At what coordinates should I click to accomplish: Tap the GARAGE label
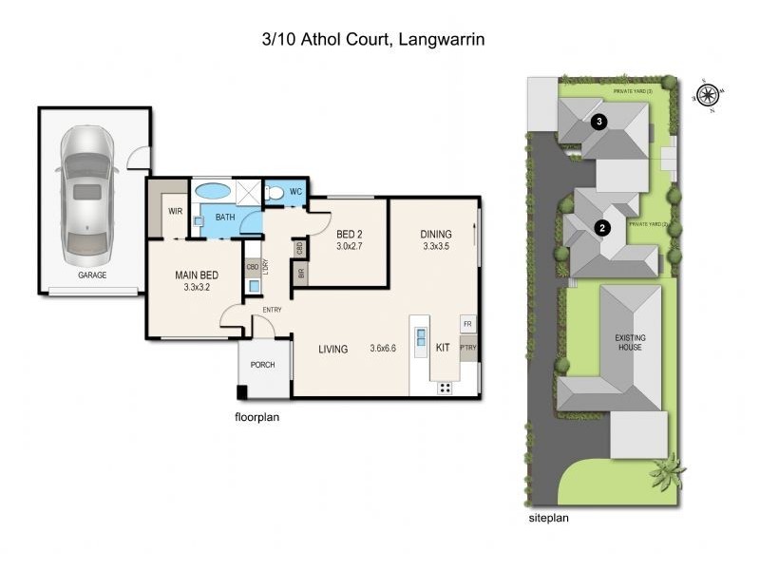92,275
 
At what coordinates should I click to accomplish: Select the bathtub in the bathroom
213,191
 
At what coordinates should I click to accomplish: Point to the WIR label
176,211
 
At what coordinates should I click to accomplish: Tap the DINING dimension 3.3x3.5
437,247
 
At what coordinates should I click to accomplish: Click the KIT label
443,349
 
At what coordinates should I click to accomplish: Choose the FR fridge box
467,325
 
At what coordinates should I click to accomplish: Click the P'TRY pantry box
467,348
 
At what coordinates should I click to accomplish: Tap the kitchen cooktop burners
445,387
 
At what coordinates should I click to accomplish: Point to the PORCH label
262,366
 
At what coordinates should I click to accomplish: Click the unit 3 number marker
598,122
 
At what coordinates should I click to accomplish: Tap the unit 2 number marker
601,227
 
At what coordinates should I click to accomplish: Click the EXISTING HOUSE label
629,342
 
